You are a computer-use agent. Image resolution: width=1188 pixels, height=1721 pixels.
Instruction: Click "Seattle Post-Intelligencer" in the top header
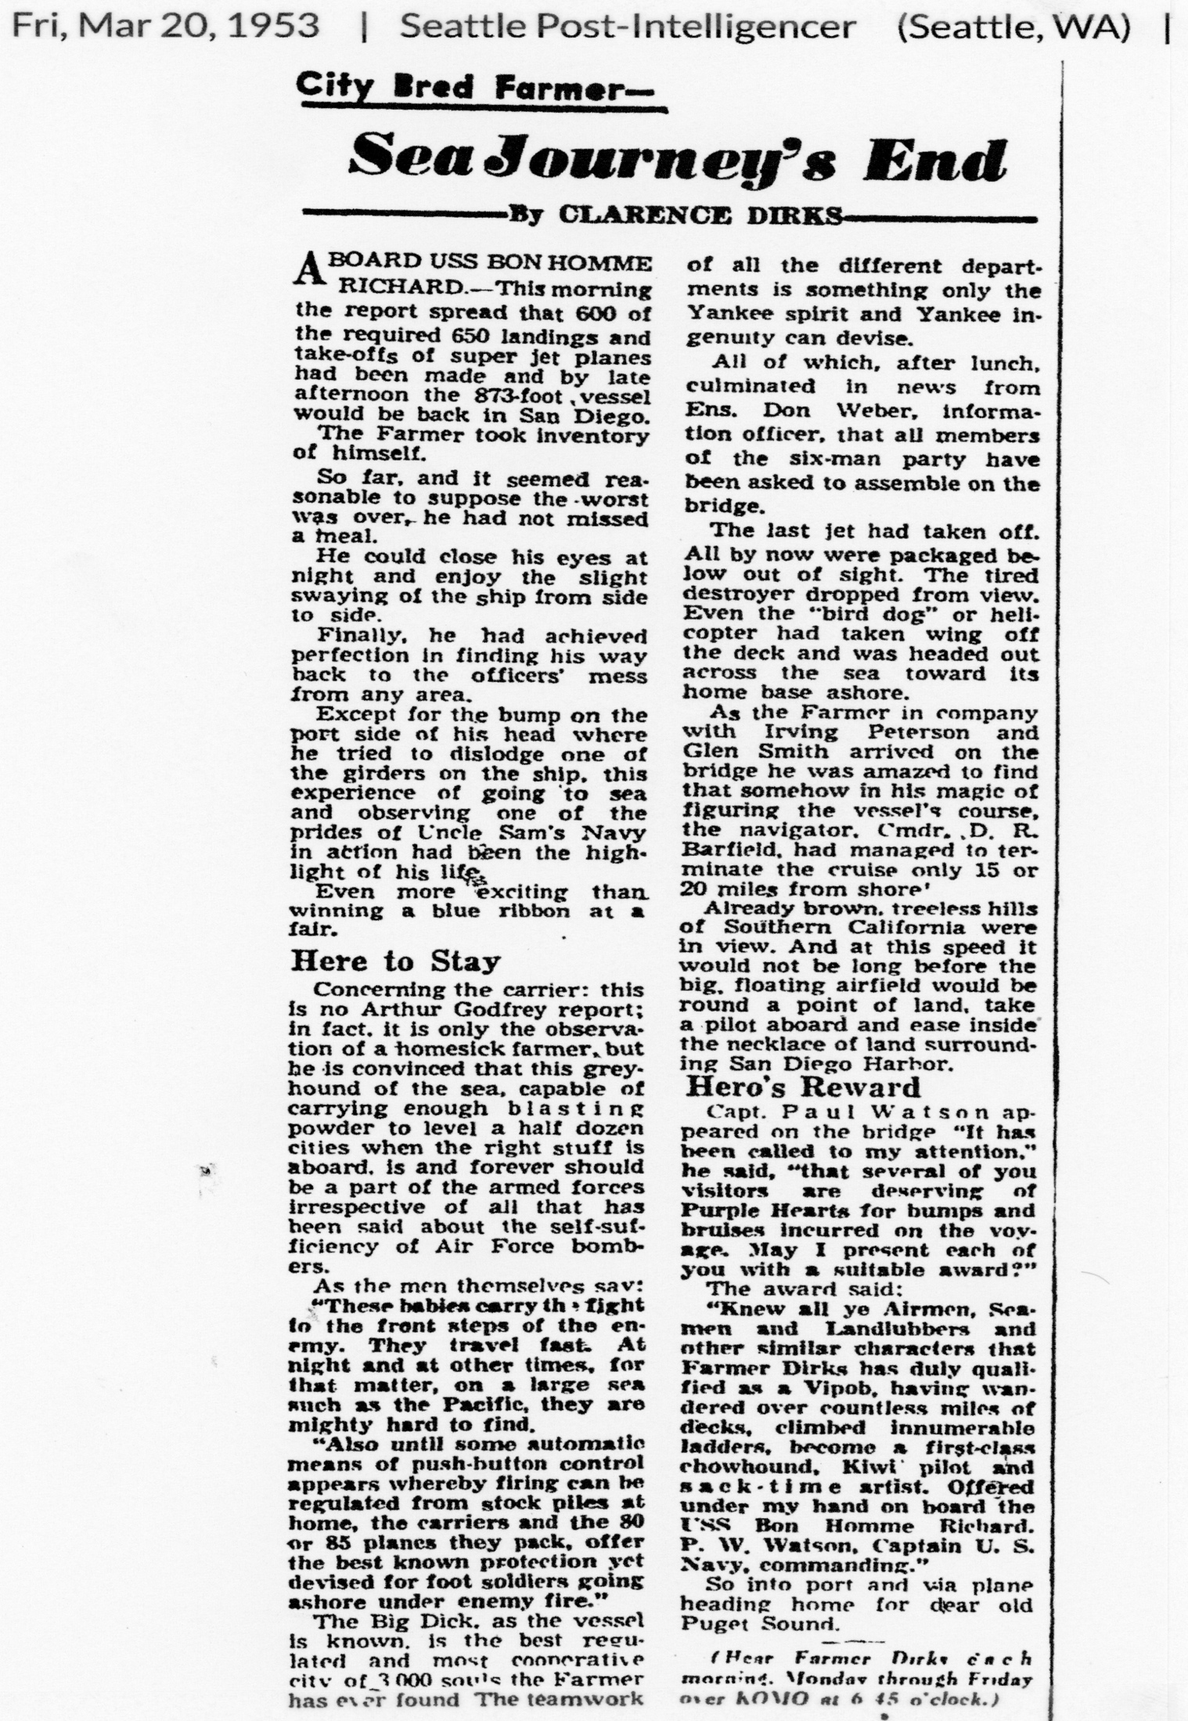click(x=628, y=27)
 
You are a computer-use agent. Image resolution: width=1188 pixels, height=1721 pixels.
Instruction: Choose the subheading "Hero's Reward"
click(x=803, y=1088)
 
